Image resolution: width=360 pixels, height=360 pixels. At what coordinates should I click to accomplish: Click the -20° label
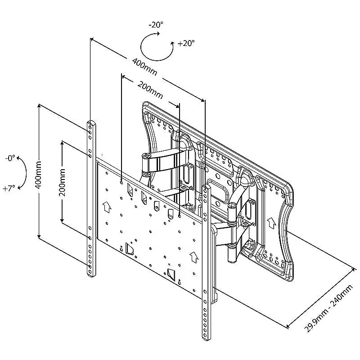tap(157, 26)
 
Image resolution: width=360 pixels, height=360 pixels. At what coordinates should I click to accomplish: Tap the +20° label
tap(186, 44)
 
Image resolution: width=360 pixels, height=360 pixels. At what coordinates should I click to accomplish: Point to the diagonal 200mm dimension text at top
tap(150, 89)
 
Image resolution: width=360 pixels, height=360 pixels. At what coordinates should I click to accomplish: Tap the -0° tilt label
tap(11, 158)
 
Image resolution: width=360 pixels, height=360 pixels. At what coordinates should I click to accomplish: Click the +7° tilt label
tap(9, 189)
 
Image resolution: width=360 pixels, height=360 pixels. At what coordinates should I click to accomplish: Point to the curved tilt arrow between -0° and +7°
tap(22, 173)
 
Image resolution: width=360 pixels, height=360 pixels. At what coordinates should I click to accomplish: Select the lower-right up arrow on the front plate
tap(194, 257)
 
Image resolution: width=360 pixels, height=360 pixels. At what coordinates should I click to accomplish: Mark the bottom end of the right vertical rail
tap(205, 336)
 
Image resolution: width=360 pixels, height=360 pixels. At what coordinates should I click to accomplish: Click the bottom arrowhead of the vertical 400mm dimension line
tap(39, 237)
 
